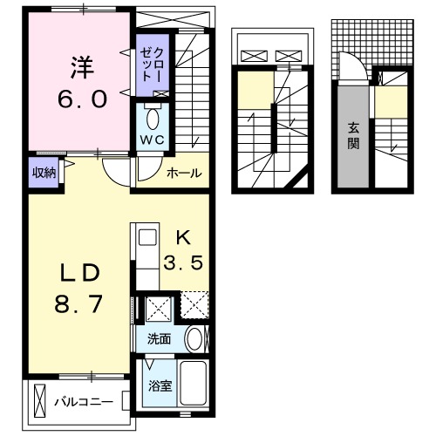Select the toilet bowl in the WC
coord(153,117)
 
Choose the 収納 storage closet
coord(44,173)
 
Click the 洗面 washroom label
coord(159,338)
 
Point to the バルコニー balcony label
coord(79,402)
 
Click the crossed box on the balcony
coord(40,401)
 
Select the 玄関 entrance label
coord(354,135)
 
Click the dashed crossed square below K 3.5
coord(194,306)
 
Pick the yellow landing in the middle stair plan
coord(255,91)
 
